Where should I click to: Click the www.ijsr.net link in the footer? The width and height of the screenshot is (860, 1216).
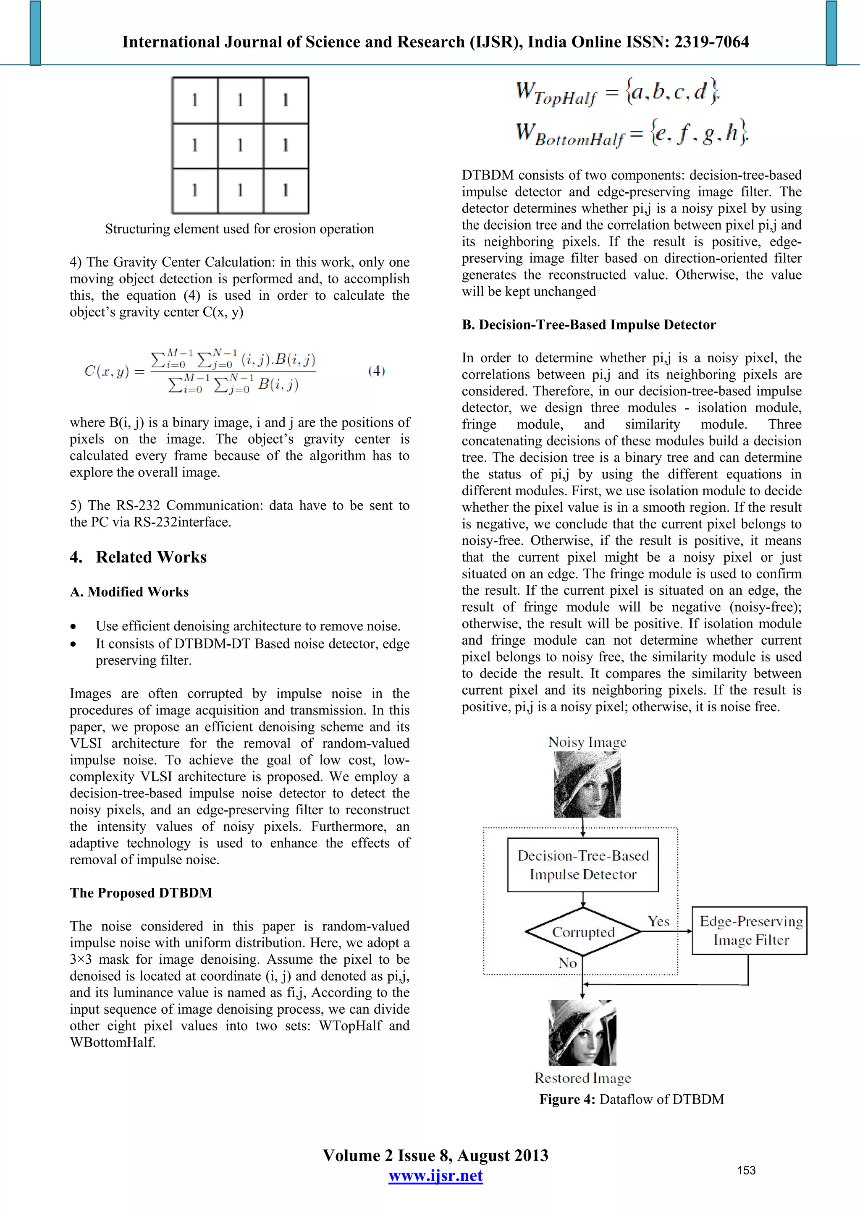pyautogui.click(x=435, y=1176)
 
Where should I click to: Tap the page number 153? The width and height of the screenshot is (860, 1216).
pyautogui.click(x=746, y=1170)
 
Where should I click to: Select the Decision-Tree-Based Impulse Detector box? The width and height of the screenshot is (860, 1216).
pyautogui.click(x=582, y=865)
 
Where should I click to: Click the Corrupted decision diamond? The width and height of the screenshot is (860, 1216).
pyautogui.click(x=583, y=932)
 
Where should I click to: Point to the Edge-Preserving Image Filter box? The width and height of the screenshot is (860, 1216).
pyautogui.click(x=749, y=931)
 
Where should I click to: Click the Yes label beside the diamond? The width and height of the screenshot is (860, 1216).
pyautogui.click(x=658, y=921)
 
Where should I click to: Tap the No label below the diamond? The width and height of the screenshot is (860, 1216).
pyautogui.click(x=567, y=963)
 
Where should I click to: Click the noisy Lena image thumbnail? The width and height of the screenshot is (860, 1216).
pyautogui.click(x=587, y=785)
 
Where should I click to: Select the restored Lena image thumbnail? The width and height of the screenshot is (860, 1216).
pyautogui.click(x=582, y=1033)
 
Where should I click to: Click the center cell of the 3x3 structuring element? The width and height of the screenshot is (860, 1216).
pyautogui.click(x=240, y=145)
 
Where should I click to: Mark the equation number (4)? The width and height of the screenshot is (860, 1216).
pyautogui.click(x=376, y=371)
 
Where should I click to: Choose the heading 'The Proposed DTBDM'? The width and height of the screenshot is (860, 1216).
pyautogui.click(x=141, y=893)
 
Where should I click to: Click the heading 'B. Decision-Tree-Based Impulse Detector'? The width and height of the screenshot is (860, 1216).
pyautogui.click(x=589, y=324)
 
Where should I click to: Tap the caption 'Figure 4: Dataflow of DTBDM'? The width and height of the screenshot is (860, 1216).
pyautogui.click(x=632, y=1099)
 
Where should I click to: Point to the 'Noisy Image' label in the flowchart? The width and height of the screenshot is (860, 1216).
pyautogui.click(x=587, y=742)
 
